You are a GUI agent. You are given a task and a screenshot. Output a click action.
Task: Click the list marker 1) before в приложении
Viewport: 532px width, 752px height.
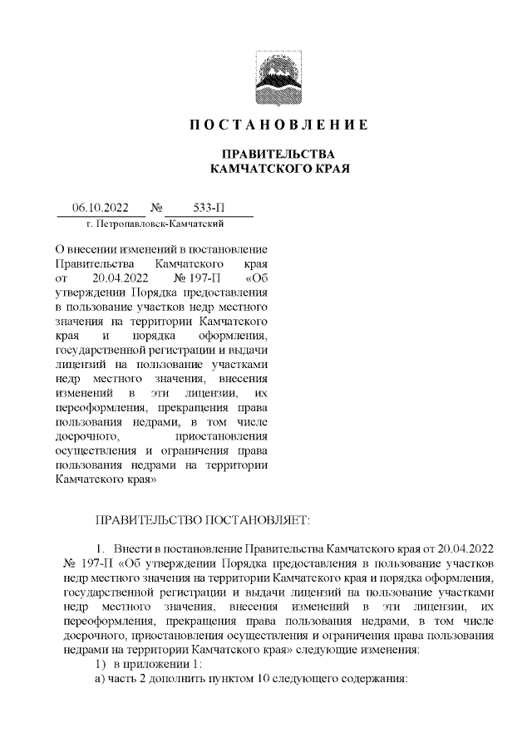point(103,664)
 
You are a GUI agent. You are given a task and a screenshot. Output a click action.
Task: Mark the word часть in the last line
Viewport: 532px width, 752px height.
point(131,678)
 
